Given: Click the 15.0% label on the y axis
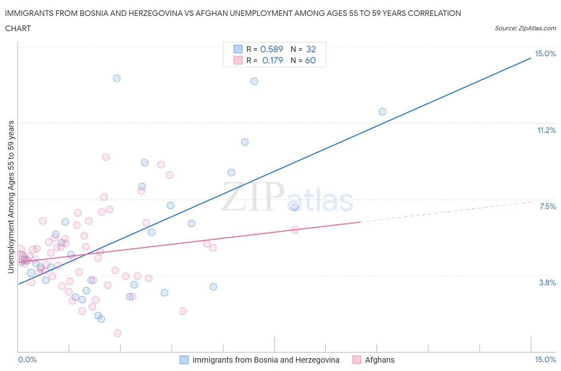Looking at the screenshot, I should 545,54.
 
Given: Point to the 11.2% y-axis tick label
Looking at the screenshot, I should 546,130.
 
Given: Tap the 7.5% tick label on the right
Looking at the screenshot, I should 547,206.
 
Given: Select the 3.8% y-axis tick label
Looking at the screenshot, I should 547,282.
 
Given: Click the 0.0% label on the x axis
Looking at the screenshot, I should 27,359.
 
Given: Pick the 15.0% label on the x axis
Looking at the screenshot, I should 545,359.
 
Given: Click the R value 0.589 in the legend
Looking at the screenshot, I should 271,49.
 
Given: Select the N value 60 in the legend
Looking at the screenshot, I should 310,60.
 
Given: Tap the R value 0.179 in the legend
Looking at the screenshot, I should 273,60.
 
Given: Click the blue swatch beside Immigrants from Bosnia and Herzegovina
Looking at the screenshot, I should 184,360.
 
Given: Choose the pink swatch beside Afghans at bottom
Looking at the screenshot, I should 357,360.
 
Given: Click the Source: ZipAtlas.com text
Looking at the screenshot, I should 525,28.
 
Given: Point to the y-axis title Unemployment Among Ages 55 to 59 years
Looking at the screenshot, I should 11,197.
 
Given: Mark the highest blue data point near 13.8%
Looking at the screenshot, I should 117,78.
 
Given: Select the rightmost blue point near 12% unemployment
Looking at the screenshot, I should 382,112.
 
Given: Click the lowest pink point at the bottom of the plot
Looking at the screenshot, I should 117,333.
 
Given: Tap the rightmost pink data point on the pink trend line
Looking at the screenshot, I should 295,230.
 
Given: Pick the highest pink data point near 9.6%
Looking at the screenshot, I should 106,157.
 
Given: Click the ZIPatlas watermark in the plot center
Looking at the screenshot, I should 287,197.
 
